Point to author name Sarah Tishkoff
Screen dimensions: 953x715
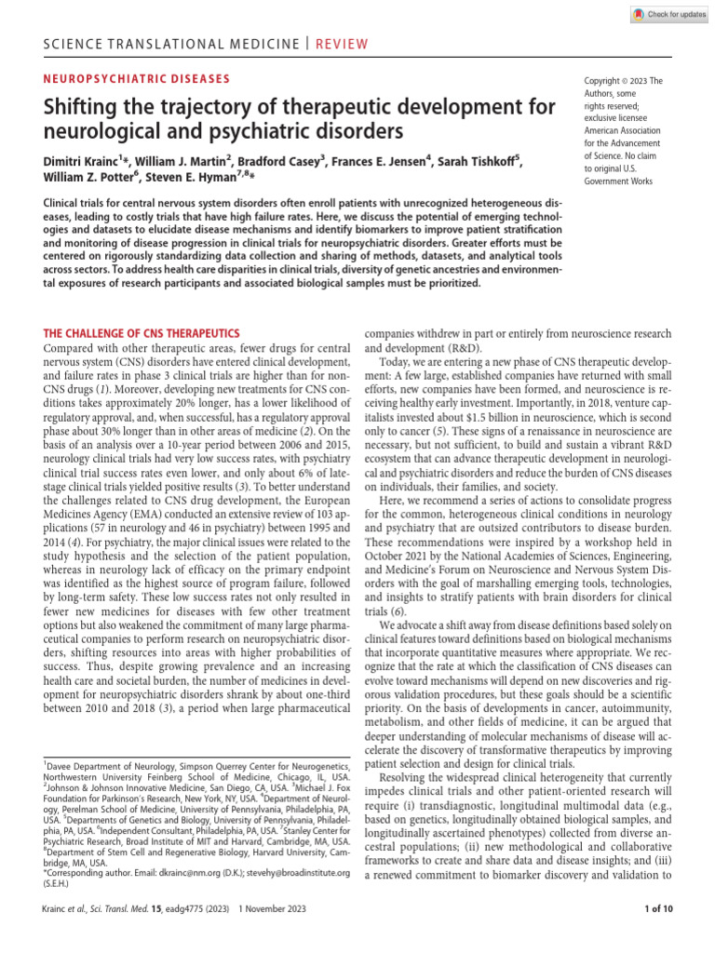click(x=475, y=163)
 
